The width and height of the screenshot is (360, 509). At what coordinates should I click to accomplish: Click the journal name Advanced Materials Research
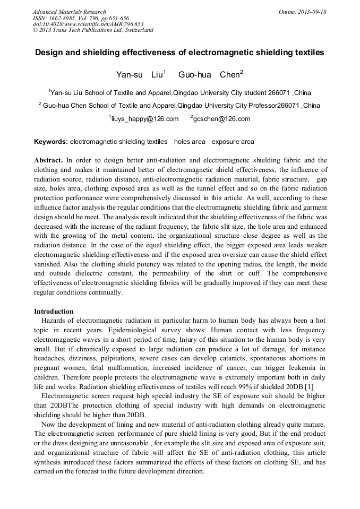pyautogui.click(x=69, y=12)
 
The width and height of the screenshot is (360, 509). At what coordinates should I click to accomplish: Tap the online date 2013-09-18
pyautogui.click(x=311, y=12)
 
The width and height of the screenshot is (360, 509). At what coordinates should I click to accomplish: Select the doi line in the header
pyautogui.click(x=88, y=24)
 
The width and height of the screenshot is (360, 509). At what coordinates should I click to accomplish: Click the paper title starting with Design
pyautogui.click(x=179, y=53)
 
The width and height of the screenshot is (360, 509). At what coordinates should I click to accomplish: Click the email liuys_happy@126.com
pyautogui.click(x=144, y=119)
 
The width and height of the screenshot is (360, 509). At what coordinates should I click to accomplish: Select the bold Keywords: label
pyautogui.click(x=51, y=142)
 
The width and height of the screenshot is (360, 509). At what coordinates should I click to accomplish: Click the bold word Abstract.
pyautogui.click(x=48, y=160)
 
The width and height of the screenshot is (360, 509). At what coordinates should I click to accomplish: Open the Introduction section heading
pyautogui.click(x=54, y=312)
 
